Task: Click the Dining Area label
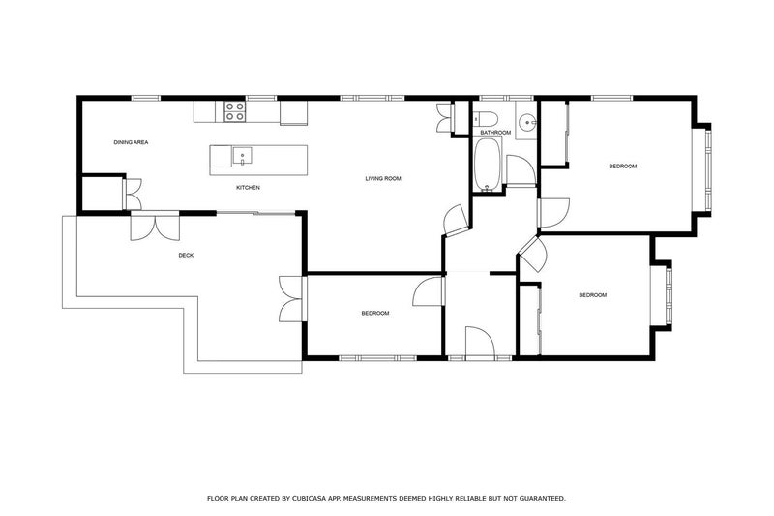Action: (131, 142)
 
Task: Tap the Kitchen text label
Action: (249, 187)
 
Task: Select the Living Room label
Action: (383, 178)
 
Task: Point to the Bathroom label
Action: (495, 132)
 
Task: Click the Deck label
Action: (187, 256)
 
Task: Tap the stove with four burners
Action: (234, 111)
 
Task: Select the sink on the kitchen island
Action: (240, 154)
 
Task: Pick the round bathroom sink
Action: (526, 122)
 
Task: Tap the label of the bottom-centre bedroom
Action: (374, 313)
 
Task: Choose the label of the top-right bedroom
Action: (622, 167)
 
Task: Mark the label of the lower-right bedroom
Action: (592, 295)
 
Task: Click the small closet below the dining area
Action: (101, 193)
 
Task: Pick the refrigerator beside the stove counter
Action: (293, 112)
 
